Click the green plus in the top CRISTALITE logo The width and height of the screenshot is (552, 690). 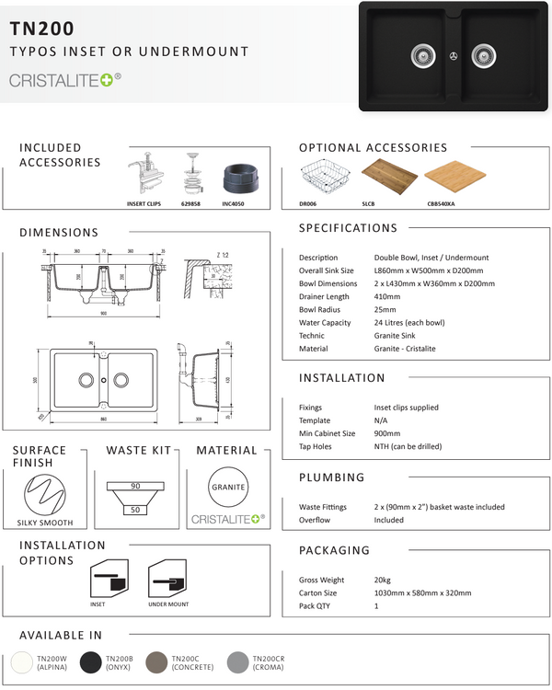107,80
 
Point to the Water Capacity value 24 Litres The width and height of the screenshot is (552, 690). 409,323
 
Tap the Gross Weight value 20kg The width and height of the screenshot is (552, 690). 383,581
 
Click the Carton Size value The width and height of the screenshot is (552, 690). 422,593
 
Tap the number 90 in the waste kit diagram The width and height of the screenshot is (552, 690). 134,485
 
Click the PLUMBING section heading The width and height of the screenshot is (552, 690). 332,477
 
